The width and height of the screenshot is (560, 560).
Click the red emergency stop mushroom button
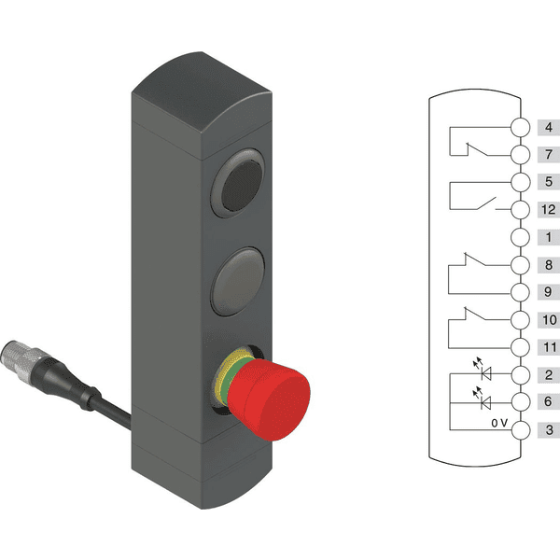click(x=269, y=399)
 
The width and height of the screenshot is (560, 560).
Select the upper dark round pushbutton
click(x=238, y=184)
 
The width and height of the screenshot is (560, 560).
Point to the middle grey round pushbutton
click(x=238, y=282)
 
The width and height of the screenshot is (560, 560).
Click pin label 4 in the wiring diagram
click(x=549, y=128)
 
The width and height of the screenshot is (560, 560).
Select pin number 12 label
click(x=549, y=210)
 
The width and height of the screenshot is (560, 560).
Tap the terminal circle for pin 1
click(x=520, y=237)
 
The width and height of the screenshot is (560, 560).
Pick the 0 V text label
click(x=499, y=423)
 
